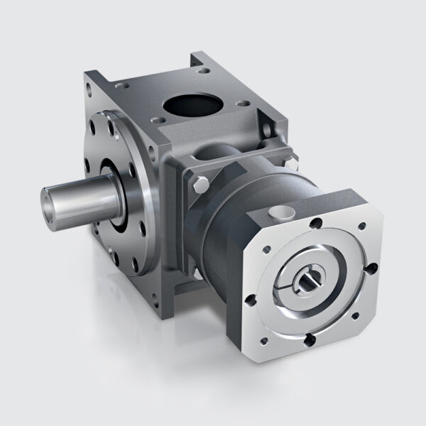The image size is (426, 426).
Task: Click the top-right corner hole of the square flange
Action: (363, 226)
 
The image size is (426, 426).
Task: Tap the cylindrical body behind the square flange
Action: (234, 227)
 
